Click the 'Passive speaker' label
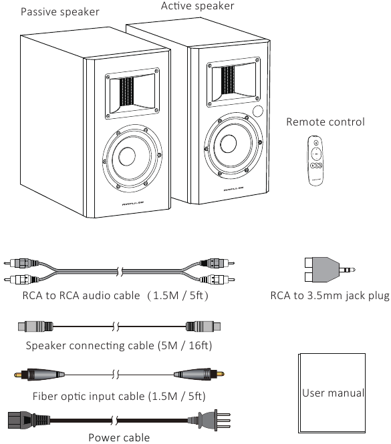click(x=60, y=12)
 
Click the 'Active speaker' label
click(x=198, y=6)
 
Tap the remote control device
click(x=315, y=160)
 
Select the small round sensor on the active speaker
click(x=258, y=112)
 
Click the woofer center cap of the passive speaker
click(x=127, y=156)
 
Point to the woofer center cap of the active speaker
click(x=228, y=144)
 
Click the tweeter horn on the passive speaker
click(x=132, y=93)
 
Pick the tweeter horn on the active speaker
click(x=234, y=82)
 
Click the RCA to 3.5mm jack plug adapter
click(x=330, y=270)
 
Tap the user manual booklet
click(x=332, y=393)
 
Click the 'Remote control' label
click(x=325, y=122)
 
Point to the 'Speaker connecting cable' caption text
click(x=119, y=345)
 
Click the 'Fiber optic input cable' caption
click(x=119, y=396)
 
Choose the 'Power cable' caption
click(x=119, y=437)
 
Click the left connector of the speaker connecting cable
click(x=35, y=326)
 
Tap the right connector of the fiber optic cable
click(x=199, y=375)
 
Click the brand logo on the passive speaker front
click(x=133, y=203)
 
